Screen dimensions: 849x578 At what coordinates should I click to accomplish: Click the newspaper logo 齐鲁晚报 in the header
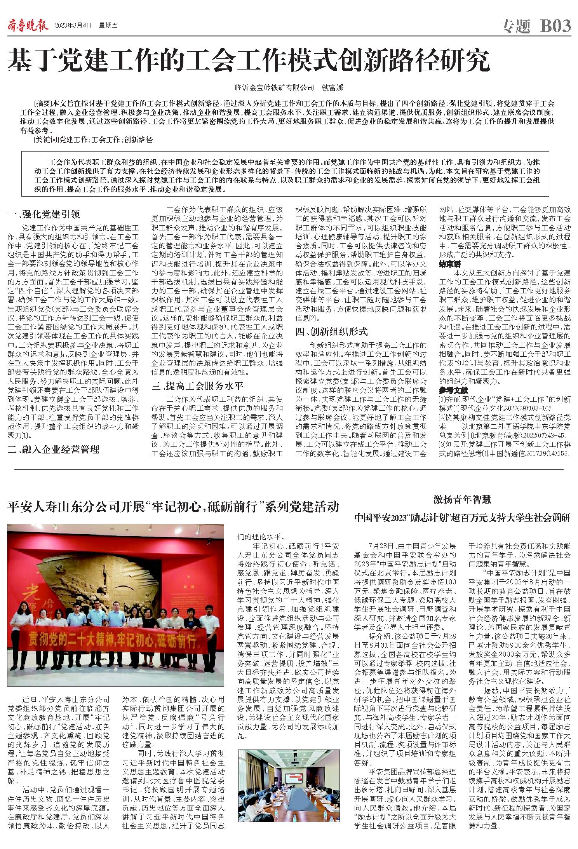28,26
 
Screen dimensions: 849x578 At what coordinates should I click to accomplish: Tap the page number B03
555,26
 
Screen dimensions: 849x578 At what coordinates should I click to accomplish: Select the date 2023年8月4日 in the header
73,26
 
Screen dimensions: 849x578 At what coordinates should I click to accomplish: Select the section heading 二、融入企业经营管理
54,450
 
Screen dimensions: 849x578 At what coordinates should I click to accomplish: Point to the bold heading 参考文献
453,390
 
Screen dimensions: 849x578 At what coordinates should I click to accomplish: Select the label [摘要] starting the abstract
43,104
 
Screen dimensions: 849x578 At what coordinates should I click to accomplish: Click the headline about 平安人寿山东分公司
173,507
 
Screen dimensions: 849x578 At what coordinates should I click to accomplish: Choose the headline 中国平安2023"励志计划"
462,518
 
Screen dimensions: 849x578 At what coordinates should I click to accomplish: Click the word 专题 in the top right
515,26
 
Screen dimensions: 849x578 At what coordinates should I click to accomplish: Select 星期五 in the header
108,26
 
